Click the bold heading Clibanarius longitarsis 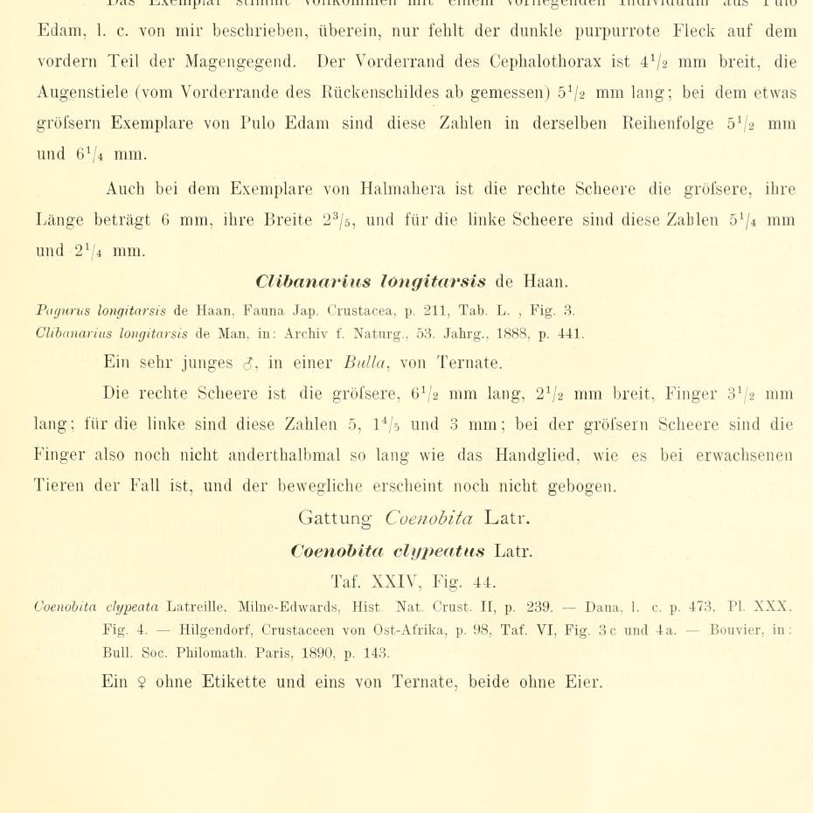[x=371, y=281]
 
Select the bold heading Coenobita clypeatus [x=388, y=552]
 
